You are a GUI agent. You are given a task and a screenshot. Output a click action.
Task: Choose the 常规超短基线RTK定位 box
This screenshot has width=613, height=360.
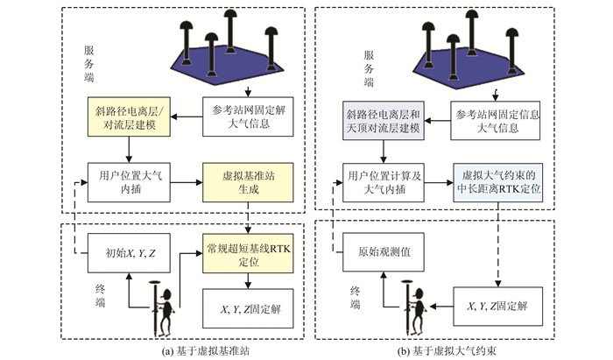(248, 254)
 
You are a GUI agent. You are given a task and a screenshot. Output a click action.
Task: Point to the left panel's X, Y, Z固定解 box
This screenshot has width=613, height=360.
(247, 309)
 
